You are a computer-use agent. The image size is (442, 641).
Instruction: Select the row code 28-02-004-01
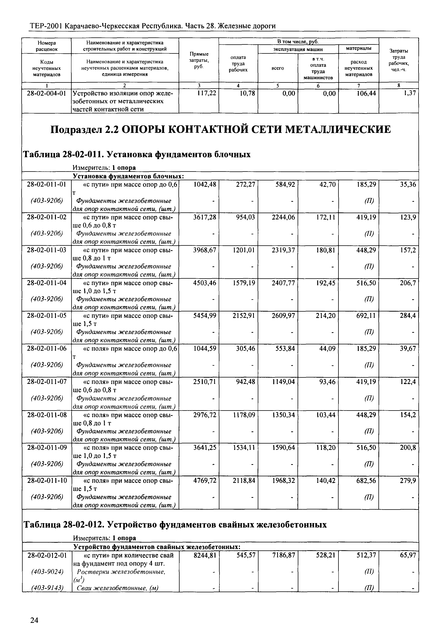[47, 93]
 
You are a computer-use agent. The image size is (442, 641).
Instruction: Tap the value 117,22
[206, 93]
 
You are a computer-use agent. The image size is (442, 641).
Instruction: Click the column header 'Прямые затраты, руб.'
[199, 60]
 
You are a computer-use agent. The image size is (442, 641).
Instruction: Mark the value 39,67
[408, 348]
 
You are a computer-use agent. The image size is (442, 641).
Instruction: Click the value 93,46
[327, 382]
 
